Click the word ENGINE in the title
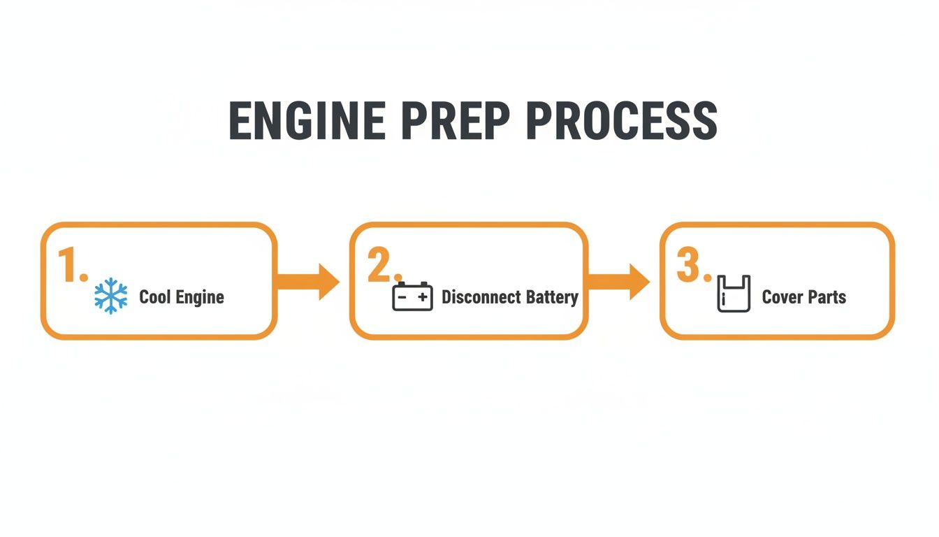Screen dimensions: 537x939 tap(307, 121)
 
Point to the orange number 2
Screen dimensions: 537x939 tap(381, 266)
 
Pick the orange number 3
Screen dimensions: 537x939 tap(690, 266)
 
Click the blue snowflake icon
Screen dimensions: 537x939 tap(111, 296)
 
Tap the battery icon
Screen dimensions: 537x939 tap(412, 296)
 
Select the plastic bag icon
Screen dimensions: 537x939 tap(734, 294)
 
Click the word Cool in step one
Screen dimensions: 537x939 tap(154, 296)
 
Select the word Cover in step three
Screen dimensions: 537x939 tap(782, 297)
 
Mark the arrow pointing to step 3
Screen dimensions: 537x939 tap(619, 282)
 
